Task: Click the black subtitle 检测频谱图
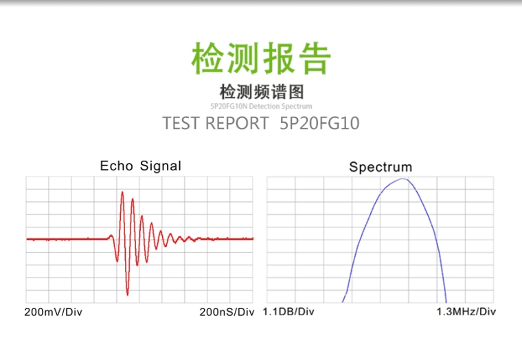pyautogui.click(x=261, y=92)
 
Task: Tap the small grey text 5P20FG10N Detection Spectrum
pyautogui.click(x=261, y=106)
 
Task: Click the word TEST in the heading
pyautogui.click(x=180, y=124)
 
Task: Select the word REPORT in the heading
pyautogui.click(x=237, y=124)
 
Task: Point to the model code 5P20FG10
pyautogui.click(x=320, y=124)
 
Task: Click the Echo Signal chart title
pyautogui.click(x=141, y=166)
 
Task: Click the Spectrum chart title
pyautogui.click(x=381, y=167)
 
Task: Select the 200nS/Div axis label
pyautogui.click(x=227, y=312)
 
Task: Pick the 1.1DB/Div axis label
pyautogui.click(x=288, y=312)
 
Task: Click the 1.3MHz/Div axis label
pyautogui.click(x=466, y=312)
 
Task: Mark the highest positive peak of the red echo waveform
pyautogui.click(x=122, y=192)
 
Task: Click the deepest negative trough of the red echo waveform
pyautogui.click(x=127, y=294)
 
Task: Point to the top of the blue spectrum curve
pyautogui.click(x=404, y=179)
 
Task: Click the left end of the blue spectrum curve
pyautogui.click(x=343, y=302)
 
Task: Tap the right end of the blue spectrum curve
pyautogui.click(x=446, y=302)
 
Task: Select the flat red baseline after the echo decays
pyautogui.click(x=227, y=238)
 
